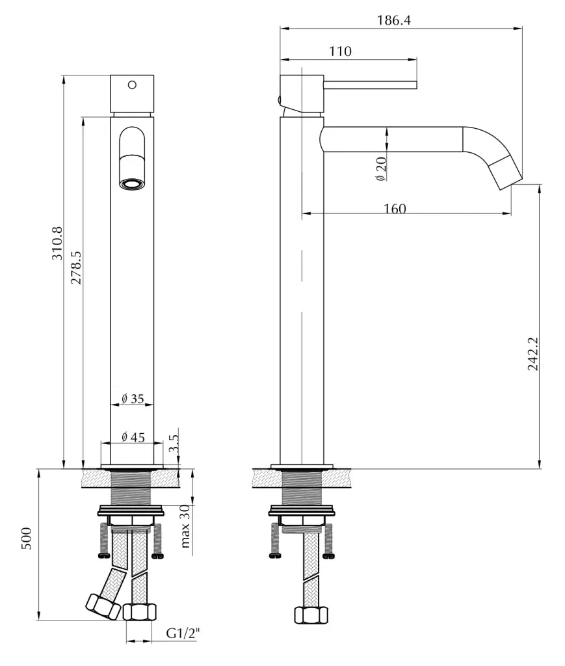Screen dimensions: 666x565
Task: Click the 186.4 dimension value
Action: pos(393,20)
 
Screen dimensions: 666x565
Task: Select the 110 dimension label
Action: pos(340,51)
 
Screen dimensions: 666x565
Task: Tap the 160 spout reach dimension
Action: pos(394,209)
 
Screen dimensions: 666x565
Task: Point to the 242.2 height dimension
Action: pos(532,354)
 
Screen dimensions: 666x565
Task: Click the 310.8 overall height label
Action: pos(57,243)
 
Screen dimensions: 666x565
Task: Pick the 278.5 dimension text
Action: pos(77,267)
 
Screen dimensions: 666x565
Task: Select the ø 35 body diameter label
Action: pos(133,399)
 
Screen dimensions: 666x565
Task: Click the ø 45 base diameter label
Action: pos(133,437)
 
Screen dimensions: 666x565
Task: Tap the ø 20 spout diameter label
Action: pos(381,168)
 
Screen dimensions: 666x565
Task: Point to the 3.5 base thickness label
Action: pos(174,445)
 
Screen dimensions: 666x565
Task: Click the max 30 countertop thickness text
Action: pos(185,526)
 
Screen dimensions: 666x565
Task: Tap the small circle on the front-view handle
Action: pos(133,85)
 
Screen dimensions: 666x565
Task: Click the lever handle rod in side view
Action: pos(370,84)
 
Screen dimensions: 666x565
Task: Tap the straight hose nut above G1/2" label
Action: pos(140,611)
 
